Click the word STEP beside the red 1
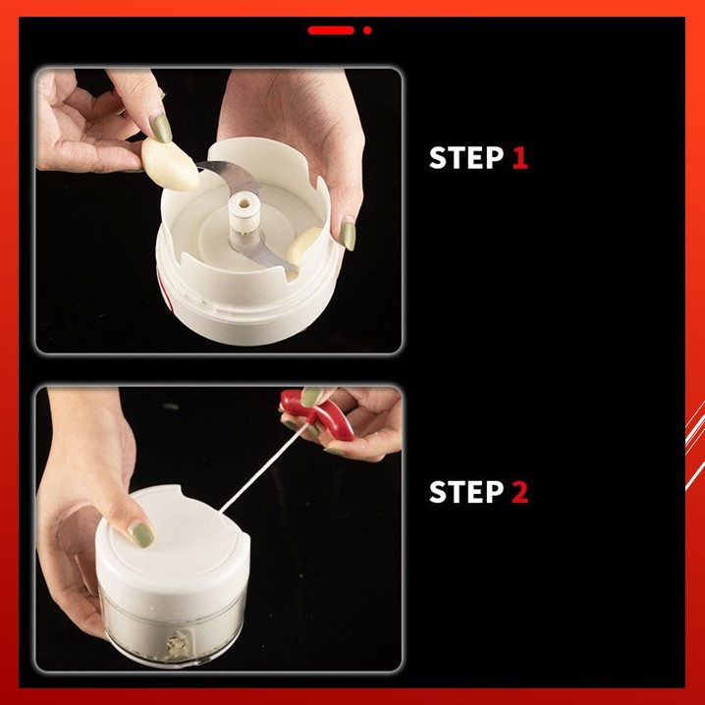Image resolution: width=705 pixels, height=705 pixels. coord(466,157)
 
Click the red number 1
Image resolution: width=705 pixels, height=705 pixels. coord(519,157)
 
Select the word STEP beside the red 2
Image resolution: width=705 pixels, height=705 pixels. coord(466,491)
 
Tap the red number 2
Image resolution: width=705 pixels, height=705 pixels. coord(520,491)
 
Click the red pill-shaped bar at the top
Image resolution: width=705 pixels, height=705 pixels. coord(331,30)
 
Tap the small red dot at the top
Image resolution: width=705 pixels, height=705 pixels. coord(367,30)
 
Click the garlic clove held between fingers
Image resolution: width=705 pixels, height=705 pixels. coord(170,164)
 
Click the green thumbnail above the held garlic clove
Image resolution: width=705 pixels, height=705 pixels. coord(160,128)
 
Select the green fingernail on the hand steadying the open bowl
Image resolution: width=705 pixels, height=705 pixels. coord(348,236)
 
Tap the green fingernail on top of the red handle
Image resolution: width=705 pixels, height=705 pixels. coord(311,397)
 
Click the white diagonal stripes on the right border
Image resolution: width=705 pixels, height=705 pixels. coord(695,445)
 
